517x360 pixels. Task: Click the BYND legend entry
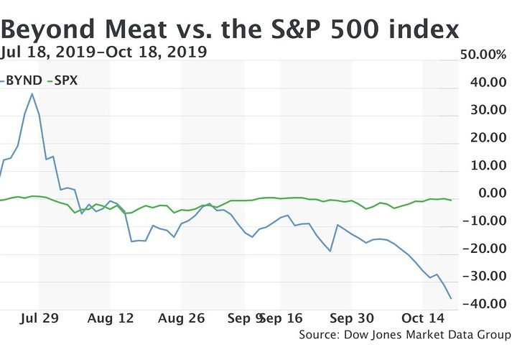click(22, 80)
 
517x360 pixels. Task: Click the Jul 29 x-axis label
click(39, 318)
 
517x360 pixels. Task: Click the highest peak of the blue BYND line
click(32, 93)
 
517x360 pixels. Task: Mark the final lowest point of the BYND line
click(451, 298)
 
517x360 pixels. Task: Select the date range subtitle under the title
click(104, 52)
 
